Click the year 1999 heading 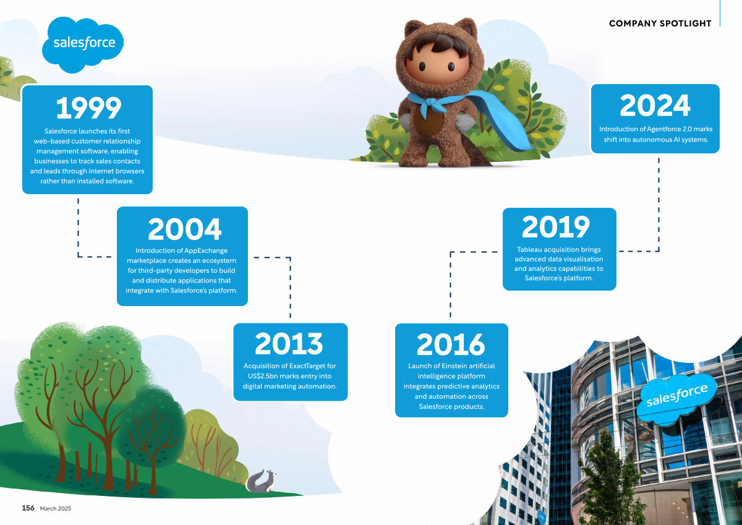click(x=89, y=108)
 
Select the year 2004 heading click(x=184, y=229)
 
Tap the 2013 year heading click(x=289, y=343)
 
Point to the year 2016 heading click(x=451, y=344)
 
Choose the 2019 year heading click(x=556, y=226)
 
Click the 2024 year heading click(x=655, y=105)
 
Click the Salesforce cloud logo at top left click(x=83, y=45)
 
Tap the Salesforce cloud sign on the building click(x=676, y=398)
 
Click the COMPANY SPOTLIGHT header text click(x=660, y=23)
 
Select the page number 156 click(x=28, y=508)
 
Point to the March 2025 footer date click(x=55, y=508)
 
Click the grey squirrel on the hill click(x=262, y=481)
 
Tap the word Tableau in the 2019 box click(x=530, y=249)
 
